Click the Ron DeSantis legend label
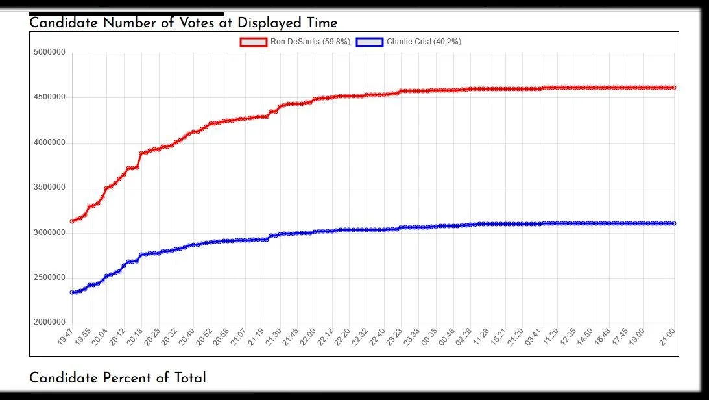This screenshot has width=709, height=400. pos(310,42)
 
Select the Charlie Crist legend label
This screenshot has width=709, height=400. pos(424,42)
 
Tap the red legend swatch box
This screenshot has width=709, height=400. pos(253,42)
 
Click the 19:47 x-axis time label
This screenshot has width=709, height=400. pos(65,337)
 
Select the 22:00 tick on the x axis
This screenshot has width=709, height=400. pos(307,337)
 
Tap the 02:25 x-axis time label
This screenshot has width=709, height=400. pos(464,337)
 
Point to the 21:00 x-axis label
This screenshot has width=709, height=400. pos(667,337)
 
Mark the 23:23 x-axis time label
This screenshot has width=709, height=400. pos(394,337)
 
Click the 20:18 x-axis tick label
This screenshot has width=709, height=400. pos(134,337)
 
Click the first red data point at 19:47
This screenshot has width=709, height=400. pos(72,221)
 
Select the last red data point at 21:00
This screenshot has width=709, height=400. pos(675,88)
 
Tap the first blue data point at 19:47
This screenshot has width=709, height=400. pos(72,292)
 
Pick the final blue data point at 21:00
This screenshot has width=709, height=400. pos(675,223)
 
